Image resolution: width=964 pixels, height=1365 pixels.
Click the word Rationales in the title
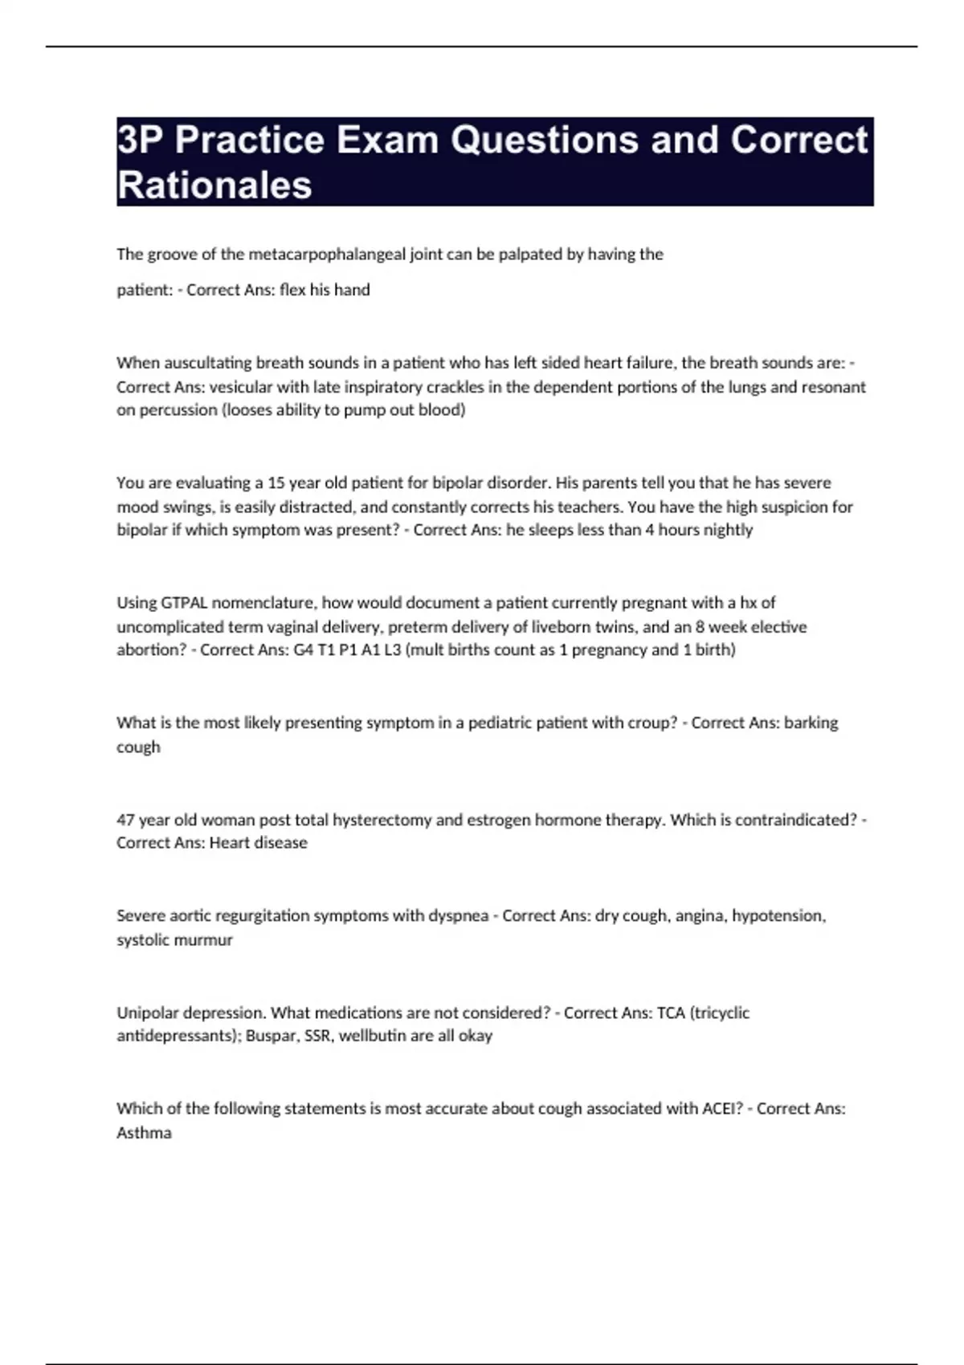214,185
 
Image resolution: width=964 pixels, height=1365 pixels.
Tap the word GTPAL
184,603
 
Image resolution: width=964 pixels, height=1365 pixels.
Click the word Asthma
144,1133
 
